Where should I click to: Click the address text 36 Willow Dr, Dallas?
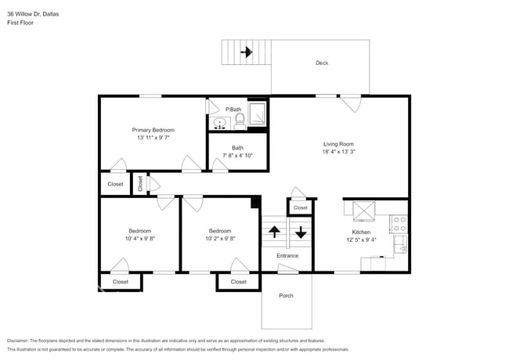pos(34,14)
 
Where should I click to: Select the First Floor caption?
pos(20,23)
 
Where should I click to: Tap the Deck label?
pos(321,63)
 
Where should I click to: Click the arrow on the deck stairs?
pos(247,53)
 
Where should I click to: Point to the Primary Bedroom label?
pos(153,130)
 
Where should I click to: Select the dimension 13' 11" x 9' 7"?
pos(153,138)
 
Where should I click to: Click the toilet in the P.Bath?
pos(240,120)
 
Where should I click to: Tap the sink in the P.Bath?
pos(220,122)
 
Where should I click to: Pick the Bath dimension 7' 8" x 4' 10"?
pos(237,156)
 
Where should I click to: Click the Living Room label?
pos(339,144)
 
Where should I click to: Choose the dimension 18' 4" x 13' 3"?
pos(339,152)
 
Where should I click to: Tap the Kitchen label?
pos(361,232)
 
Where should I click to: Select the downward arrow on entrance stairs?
pos(300,232)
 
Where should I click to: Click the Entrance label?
pos(287,256)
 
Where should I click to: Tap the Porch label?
pos(287,296)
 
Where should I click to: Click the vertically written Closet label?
pos(140,184)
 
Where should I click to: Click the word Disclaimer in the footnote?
pos(21,341)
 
